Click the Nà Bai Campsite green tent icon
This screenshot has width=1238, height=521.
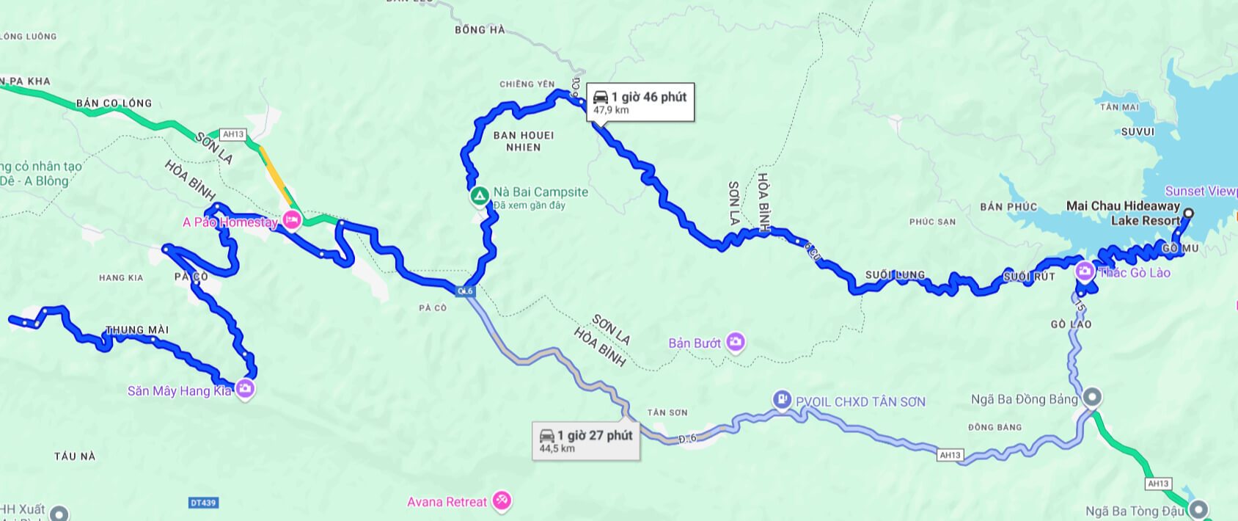click(479, 196)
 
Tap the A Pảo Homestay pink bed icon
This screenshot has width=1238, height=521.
click(292, 220)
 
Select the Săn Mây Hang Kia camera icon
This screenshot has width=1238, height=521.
click(246, 389)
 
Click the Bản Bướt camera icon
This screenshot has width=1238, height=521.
click(735, 342)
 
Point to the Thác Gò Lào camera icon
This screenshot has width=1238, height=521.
click(1085, 272)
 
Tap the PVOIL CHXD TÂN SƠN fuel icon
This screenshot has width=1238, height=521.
click(783, 400)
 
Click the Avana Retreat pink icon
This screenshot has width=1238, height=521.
click(502, 501)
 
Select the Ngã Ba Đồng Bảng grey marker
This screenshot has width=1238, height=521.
click(1092, 398)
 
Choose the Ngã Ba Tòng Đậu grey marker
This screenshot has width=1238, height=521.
click(1198, 509)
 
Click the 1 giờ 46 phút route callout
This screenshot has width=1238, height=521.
click(640, 102)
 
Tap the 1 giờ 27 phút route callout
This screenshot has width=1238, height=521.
click(586, 440)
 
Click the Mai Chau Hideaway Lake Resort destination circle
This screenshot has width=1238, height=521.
click(1188, 214)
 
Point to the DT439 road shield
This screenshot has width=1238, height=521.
click(203, 503)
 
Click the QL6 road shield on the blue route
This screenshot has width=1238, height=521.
click(466, 291)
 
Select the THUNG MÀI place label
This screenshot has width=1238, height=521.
click(137, 330)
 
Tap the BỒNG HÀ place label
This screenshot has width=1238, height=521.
click(480, 30)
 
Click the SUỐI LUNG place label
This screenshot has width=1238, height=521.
click(895, 275)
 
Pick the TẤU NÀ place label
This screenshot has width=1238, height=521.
click(75, 456)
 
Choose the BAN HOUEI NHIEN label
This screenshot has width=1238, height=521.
click(524, 141)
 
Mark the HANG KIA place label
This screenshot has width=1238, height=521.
click(121, 278)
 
